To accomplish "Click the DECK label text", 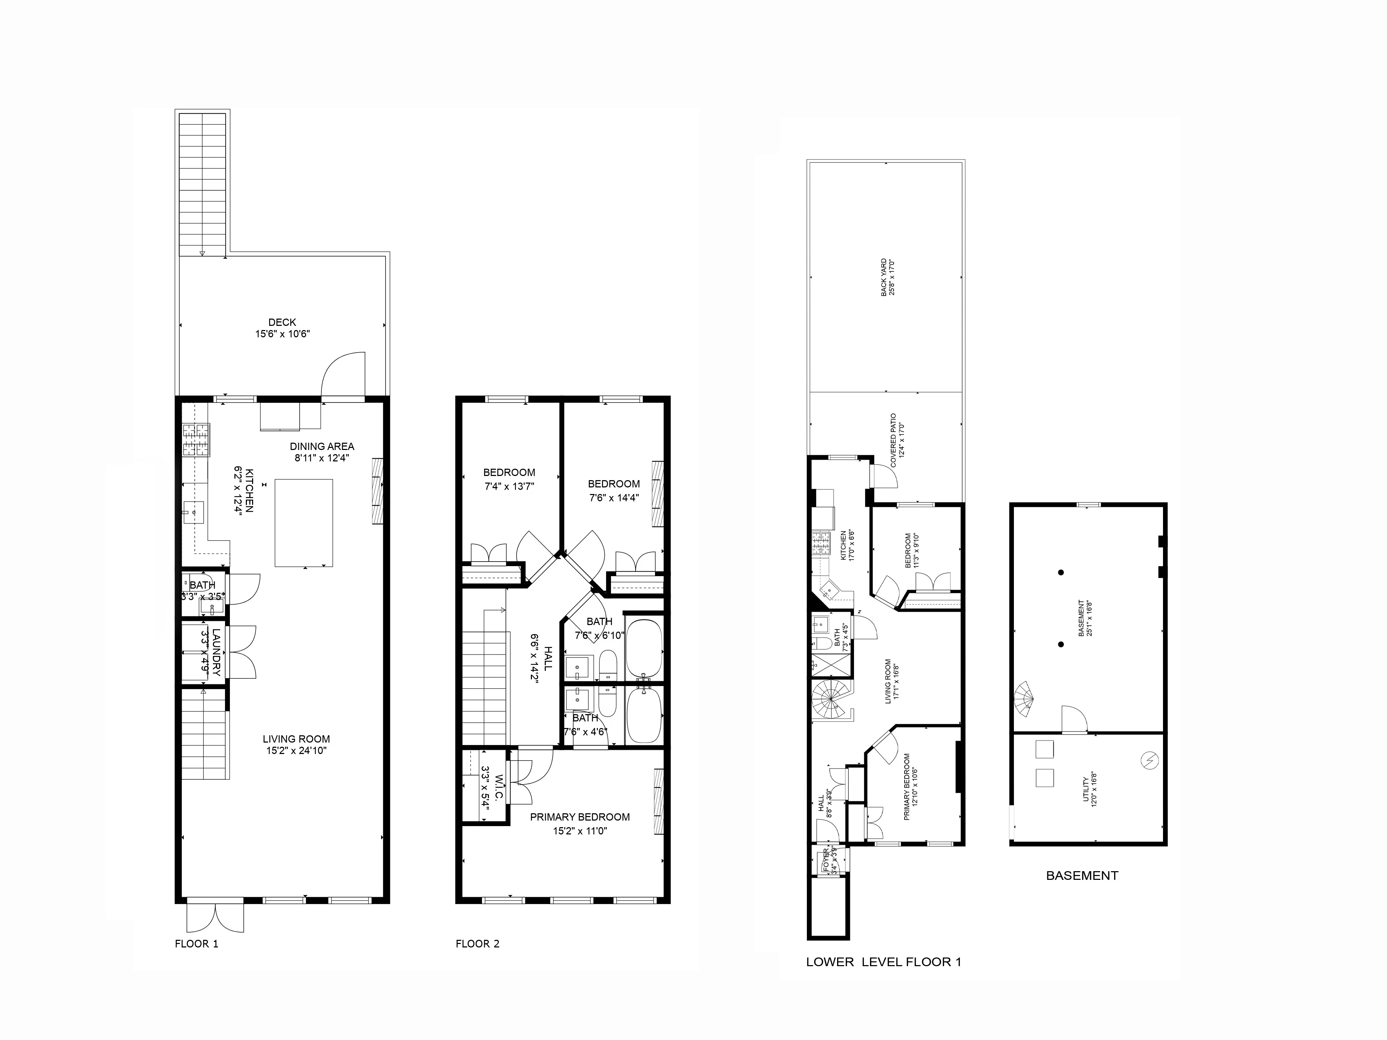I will coord(282,322).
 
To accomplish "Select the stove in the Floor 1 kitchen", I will coord(196,440).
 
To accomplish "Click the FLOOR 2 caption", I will coord(477,944).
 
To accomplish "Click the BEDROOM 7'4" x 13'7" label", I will coord(509,479).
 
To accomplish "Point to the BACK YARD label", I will coord(887,277).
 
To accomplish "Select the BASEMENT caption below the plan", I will coord(1082,876).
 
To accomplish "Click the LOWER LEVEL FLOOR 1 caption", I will coord(883,962).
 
